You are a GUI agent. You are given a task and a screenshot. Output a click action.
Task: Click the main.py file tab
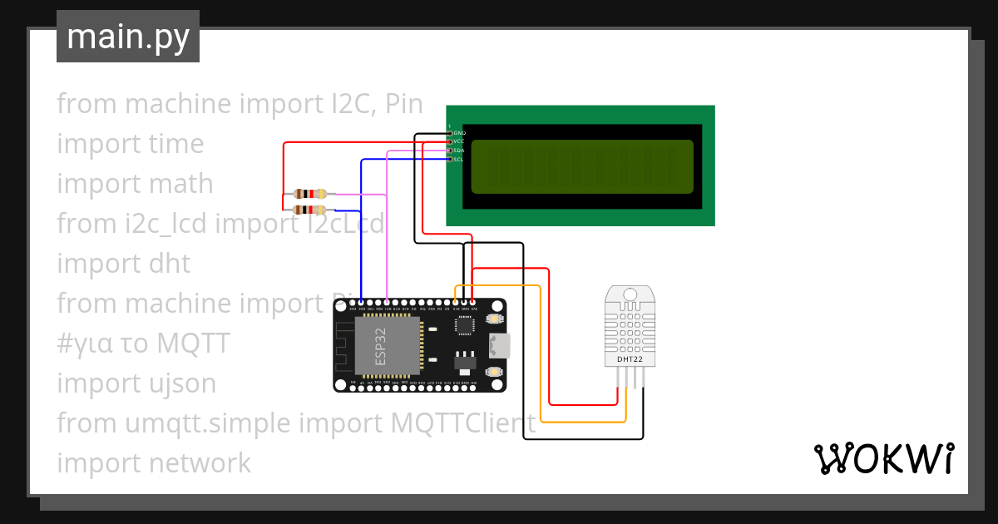pyautogui.click(x=127, y=37)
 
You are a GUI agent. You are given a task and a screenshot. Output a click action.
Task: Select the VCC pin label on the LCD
pyautogui.click(x=459, y=142)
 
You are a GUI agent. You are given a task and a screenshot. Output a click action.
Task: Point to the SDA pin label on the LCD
pyautogui.click(x=459, y=151)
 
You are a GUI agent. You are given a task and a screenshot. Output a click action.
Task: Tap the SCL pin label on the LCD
pyautogui.click(x=459, y=159)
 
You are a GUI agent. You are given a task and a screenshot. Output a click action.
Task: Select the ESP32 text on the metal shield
pyautogui.click(x=380, y=347)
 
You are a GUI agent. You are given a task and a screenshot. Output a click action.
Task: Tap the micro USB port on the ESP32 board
pyautogui.click(x=501, y=344)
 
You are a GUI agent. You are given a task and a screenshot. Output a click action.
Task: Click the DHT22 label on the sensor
pyautogui.click(x=629, y=359)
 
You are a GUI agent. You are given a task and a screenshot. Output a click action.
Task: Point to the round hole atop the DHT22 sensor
pyautogui.click(x=630, y=294)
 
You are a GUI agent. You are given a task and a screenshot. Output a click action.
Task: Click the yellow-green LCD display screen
pyautogui.click(x=582, y=166)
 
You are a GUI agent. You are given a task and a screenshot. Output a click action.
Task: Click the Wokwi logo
pyautogui.click(x=883, y=459)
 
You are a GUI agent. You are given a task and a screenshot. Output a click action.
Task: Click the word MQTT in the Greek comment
pyautogui.click(x=192, y=344)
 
